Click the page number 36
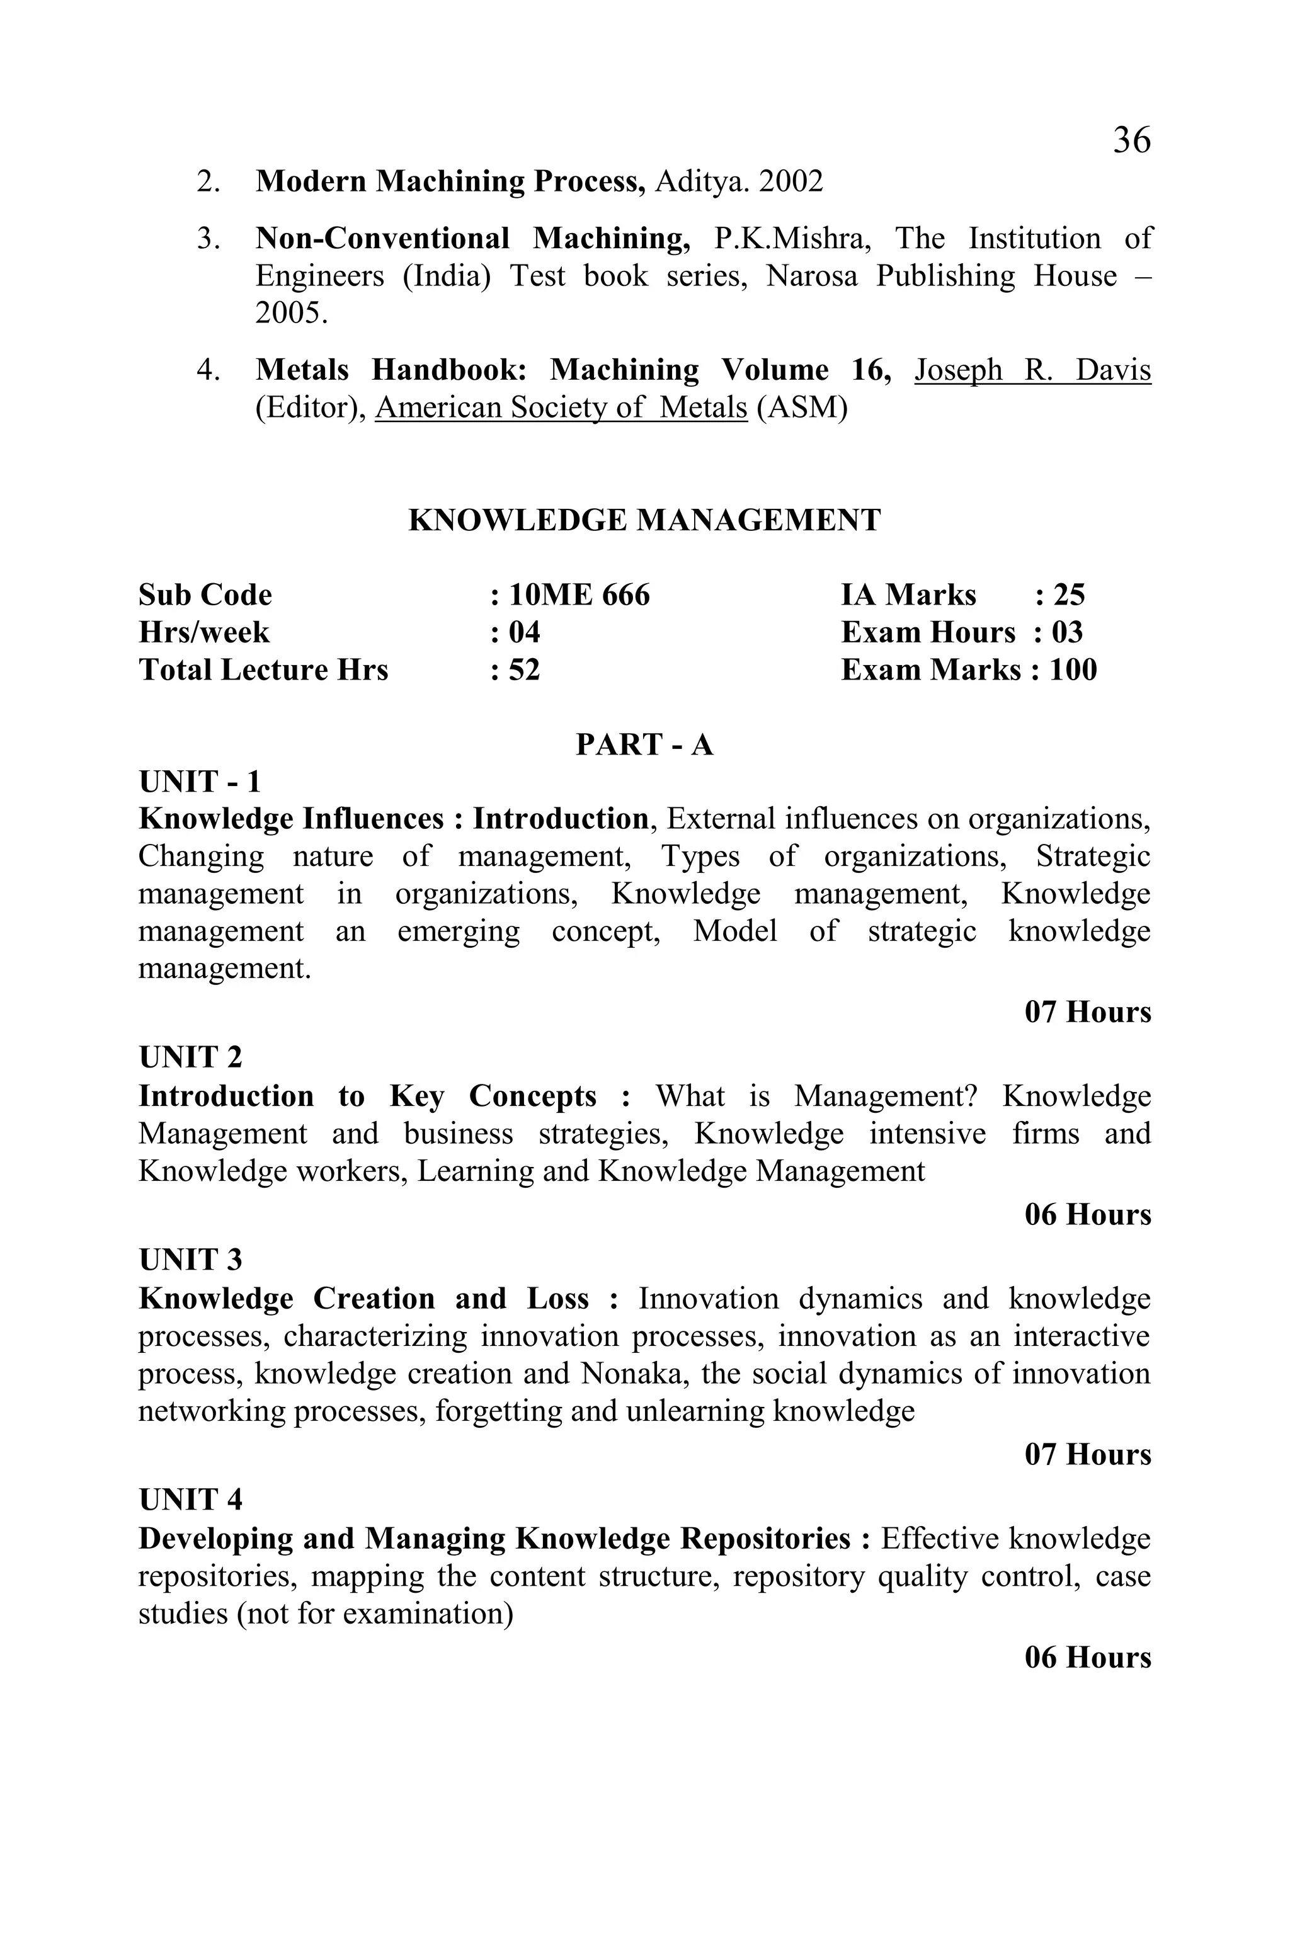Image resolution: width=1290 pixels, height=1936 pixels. tap(1131, 140)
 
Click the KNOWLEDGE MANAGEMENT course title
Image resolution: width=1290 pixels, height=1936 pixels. tap(644, 521)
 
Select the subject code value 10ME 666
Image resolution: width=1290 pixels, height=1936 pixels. tap(579, 595)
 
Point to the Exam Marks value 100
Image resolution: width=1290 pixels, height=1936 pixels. tap(1073, 669)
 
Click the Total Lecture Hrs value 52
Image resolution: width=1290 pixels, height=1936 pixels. tap(524, 669)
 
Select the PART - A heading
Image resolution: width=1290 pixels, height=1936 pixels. tap(644, 744)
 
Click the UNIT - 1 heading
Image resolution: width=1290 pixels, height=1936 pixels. tap(200, 782)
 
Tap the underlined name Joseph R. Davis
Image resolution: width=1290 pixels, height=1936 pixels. tap(1032, 370)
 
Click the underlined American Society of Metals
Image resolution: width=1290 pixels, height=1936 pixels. tap(561, 408)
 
